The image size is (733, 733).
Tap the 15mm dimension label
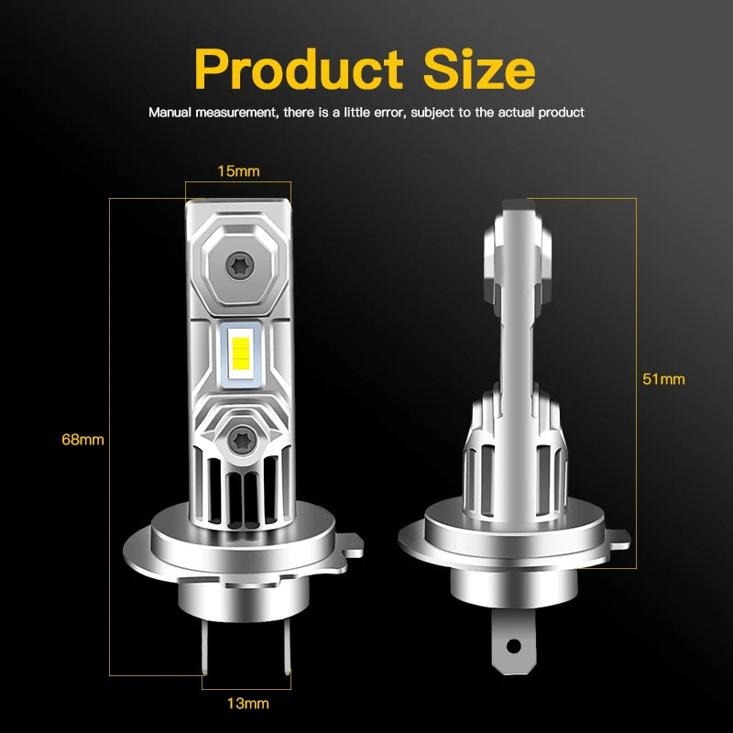(x=238, y=170)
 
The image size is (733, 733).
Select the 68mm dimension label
(x=82, y=440)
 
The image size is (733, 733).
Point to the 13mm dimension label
(x=248, y=704)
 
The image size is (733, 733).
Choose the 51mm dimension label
(x=663, y=378)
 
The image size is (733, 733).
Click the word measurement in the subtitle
(x=234, y=113)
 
